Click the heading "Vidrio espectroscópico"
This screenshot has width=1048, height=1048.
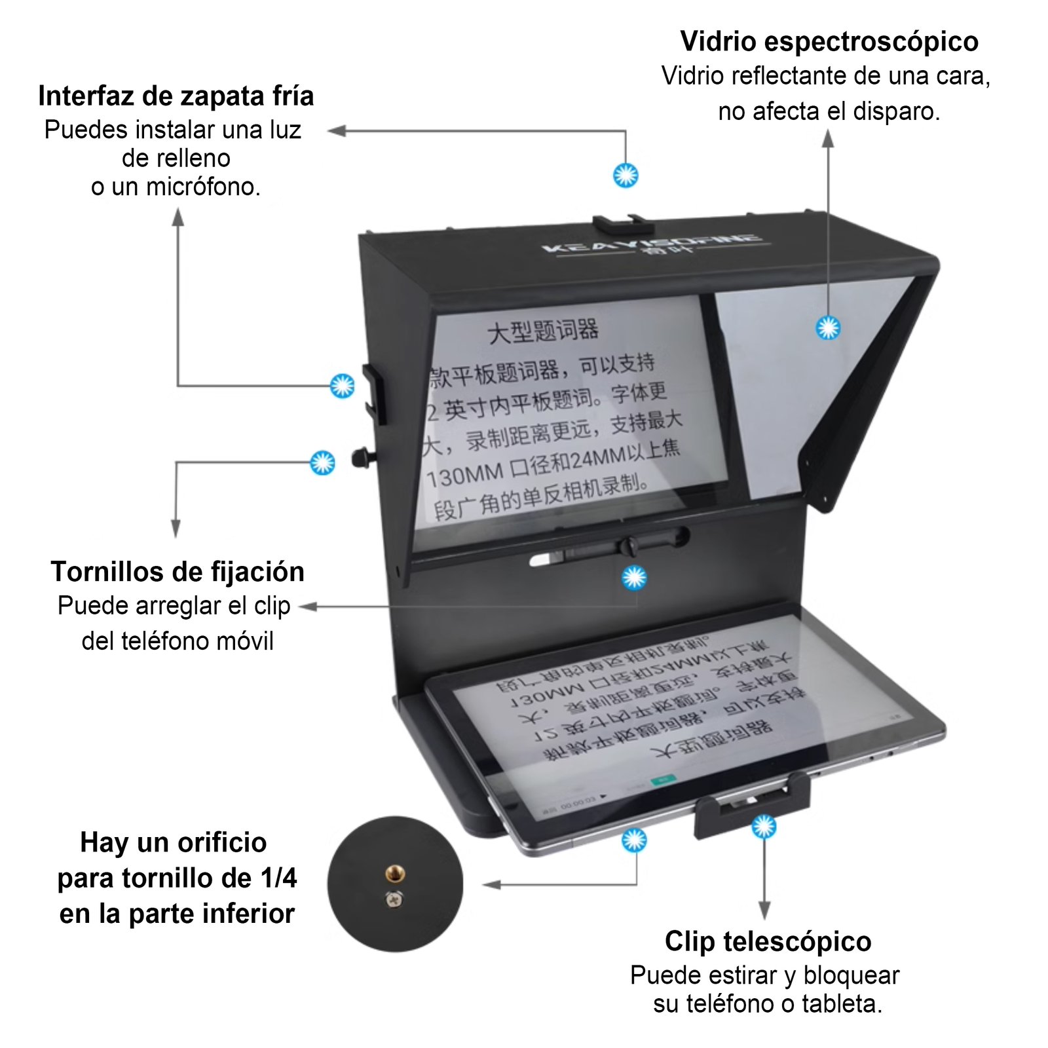click(x=829, y=41)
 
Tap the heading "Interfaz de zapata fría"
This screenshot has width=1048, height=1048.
click(x=176, y=96)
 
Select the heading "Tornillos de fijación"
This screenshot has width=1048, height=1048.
click(x=178, y=572)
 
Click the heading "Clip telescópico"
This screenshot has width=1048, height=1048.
click(x=768, y=941)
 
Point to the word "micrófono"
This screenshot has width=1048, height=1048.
click(x=203, y=187)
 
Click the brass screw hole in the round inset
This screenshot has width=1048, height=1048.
click(x=395, y=873)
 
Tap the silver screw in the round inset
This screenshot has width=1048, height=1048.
click(x=394, y=900)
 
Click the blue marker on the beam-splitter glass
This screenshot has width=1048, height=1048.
click(x=828, y=327)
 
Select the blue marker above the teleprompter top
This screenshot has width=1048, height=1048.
click(x=626, y=175)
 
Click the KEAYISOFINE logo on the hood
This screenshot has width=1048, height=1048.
click(x=652, y=245)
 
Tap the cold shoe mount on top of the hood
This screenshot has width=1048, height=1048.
click(x=622, y=225)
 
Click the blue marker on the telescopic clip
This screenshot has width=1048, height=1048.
click(x=764, y=827)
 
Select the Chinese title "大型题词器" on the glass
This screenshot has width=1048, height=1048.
click(x=543, y=331)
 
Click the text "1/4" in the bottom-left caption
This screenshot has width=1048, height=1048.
click(x=279, y=878)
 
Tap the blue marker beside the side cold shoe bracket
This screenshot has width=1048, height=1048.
click(x=342, y=386)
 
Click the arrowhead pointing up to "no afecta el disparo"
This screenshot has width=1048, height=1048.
click(x=828, y=138)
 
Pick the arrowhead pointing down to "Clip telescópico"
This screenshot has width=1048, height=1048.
click(x=764, y=910)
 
